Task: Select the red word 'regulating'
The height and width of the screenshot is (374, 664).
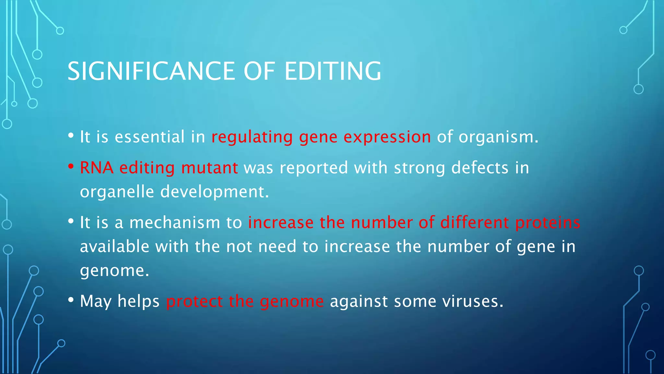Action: (x=252, y=137)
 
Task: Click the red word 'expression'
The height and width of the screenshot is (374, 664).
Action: (x=387, y=137)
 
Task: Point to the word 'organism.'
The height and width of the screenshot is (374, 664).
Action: (x=498, y=137)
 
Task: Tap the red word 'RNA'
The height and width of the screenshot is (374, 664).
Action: (x=97, y=168)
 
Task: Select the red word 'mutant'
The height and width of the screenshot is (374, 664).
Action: (x=209, y=168)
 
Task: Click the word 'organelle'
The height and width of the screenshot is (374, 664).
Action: (x=117, y=192)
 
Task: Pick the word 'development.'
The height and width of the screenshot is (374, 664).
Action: (x=215, y=192)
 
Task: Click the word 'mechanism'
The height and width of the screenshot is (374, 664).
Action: (x=175, y=223)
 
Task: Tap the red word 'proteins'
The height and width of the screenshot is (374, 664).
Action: (x=548, y=223)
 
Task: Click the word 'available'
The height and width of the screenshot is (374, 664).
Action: (x=114, y=246)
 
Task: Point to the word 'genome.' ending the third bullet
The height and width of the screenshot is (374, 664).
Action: (x=114, y=270)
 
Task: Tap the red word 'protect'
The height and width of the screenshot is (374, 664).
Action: (x=194, y=301)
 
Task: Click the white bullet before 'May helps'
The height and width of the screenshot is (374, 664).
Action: (x=71, y=300)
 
